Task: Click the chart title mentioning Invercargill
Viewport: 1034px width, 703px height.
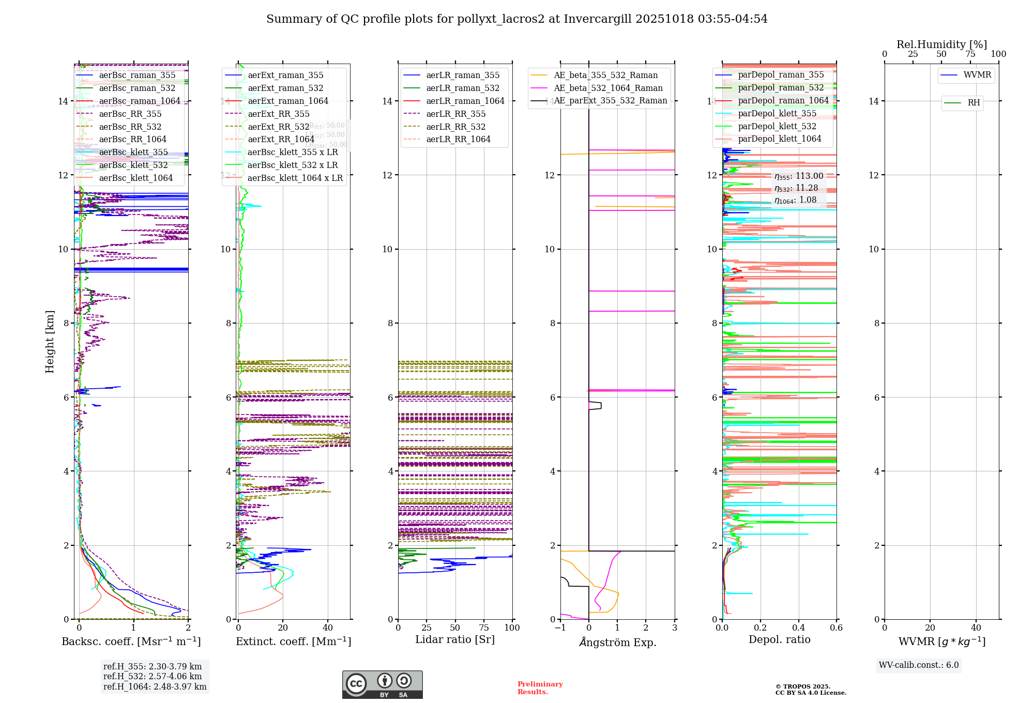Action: pyautogui.click(x=516, y=19)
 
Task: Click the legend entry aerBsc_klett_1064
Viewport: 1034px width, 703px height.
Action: pyautogui.click(x=135, y=178)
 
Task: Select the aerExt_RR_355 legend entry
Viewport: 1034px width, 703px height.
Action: pyautogui.click(x=278, y=114)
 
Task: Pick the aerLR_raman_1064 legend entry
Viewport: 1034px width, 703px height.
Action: pyautogui.click(x=465, y=101)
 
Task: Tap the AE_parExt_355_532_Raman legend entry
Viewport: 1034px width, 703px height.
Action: pyautogui.click(x=610, y=101)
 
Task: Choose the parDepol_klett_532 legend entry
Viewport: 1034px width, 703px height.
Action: pyautogui.click(x=777, y=126)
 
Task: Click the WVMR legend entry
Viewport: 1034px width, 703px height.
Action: pyautogui.click(x=977, y=75)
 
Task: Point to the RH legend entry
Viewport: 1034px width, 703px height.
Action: pyautogui.click(x=973, y=103)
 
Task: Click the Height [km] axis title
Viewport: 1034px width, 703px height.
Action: pyautogui.click(x=50, y=341)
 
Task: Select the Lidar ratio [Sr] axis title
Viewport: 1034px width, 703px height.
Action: pyautogui.click(x=455, y=639)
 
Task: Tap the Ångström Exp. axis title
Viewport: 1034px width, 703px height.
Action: pyautogui.click(x=617, y=642)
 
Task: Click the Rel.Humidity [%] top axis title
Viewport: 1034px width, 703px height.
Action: pyautogui.click(x=941, y=44)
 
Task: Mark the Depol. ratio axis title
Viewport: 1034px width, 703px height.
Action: pyautogui.click(x=779, y=639)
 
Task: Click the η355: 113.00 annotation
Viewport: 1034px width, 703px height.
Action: pyautogui.click(x=798, y=176)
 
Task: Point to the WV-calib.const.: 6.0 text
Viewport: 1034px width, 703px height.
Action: pyautogui.click(x=919, y=665)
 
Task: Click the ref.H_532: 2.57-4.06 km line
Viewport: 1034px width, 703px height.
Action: pyautogui.click(x=153, y=676)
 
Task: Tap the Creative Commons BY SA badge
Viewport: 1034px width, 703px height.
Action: pyautogui.click(x=382, y=684)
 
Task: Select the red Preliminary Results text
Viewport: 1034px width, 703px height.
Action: pyautogui.click(x=540, y=687)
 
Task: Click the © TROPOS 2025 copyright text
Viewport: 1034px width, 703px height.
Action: pyautogui.click(x=802, y=686)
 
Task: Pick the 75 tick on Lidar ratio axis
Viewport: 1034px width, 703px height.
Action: pyautogui.click(x=484, y=628)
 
